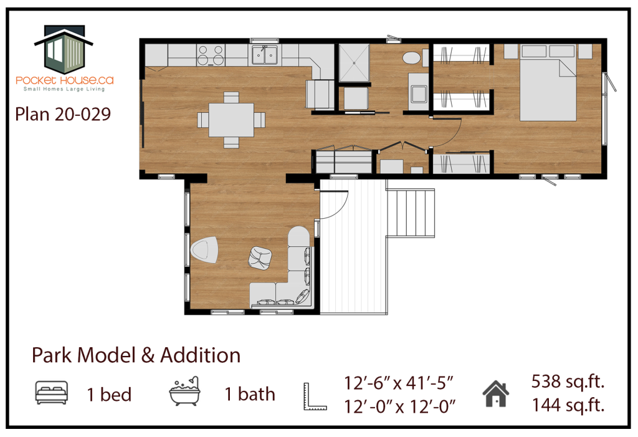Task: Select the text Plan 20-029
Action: click(x=63, y=115)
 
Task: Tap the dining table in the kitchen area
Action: click(x=231, y=120)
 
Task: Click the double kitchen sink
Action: click(x=264, y=55)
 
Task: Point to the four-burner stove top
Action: click(x=211, y=55)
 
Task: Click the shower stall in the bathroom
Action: click(x=354, y=63)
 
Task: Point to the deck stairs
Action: click(x=410, y=213)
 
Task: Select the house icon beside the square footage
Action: click(x=495, y=394)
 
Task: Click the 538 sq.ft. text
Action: click(x=568, y=382)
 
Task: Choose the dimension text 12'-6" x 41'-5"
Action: click(x=399, y=383)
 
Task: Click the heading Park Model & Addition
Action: click(x=136, y=355)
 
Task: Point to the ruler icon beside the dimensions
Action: click(x=315, y=396)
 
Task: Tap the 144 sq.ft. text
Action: click(x=568, y=405)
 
